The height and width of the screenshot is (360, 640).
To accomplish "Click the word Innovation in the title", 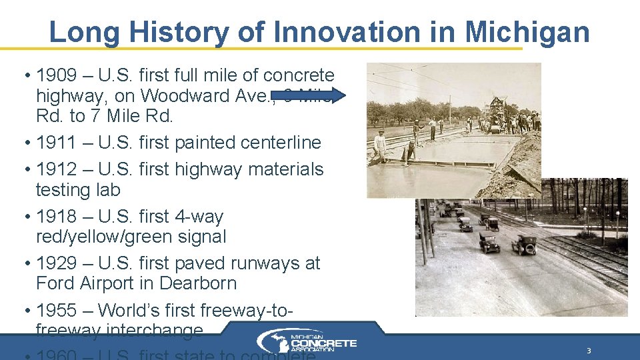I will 347,31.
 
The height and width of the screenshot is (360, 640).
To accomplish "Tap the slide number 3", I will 589,351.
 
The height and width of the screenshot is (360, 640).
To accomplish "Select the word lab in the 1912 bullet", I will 108,190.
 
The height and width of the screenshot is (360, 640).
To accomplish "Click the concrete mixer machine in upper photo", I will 497,113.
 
